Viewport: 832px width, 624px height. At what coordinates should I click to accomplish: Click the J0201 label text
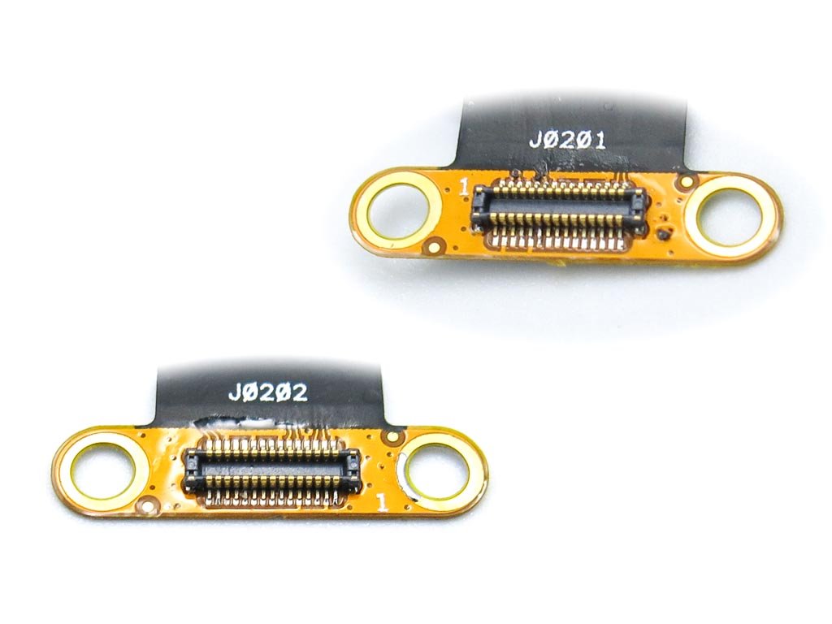pyautogui.click(x=567, y=141)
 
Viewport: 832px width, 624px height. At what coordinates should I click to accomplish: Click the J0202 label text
pyautogui.click(x=268, y=392)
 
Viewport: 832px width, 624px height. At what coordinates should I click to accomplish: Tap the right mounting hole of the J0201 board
pyautogui.click(x=730, y=218)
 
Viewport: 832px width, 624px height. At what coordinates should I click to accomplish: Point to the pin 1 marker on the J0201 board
pyautogui.click(x=463, y=187)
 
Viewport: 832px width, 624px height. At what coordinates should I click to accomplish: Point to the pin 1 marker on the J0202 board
pyautogui.click(x=381, y=502)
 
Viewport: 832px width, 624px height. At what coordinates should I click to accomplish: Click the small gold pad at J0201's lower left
pyautogui.click(x=435, y=245)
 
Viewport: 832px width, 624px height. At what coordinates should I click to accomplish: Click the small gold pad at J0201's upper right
pyautogui.click(x=687, y=182)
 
